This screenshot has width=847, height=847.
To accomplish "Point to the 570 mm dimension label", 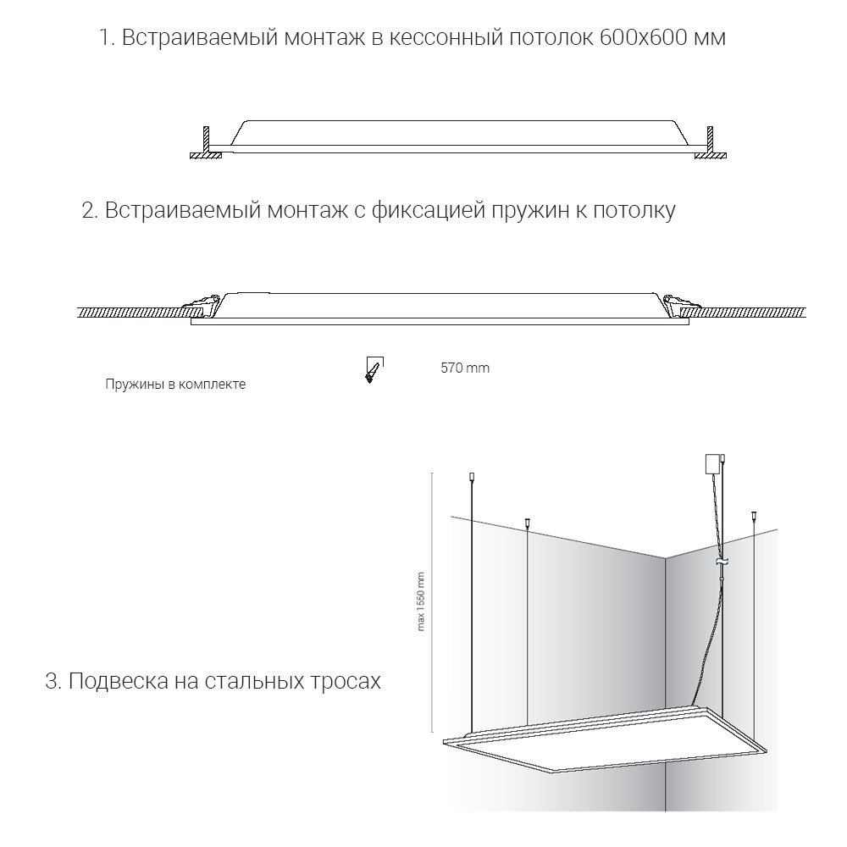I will coord(465,368).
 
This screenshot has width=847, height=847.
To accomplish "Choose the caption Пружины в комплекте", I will coord(175,384).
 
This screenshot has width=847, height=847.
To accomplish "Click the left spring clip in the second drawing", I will coord(202,303).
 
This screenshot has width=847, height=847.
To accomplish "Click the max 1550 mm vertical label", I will coord(421,602).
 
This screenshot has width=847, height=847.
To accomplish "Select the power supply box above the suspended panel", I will coord(711,463).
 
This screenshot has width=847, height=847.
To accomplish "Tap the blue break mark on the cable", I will coord(722,562).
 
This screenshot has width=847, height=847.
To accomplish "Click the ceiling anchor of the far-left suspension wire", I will coord(472,479).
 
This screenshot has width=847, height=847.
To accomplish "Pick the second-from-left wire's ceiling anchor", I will coord(528,522).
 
